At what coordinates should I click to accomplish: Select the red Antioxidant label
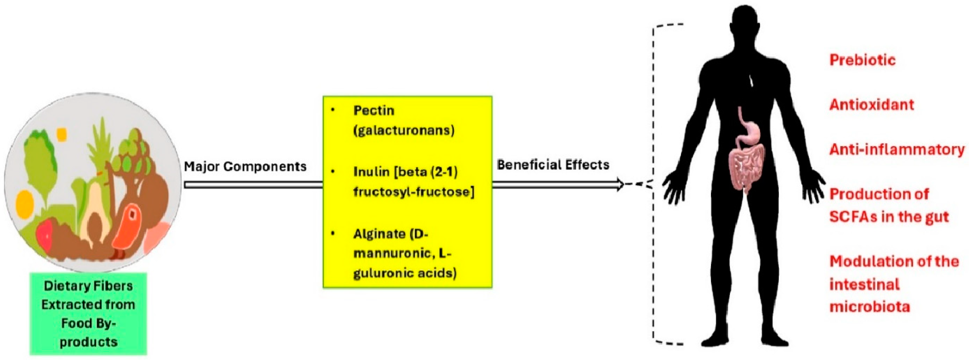tap(872, 105)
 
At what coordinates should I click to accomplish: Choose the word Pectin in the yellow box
tap(374, 111)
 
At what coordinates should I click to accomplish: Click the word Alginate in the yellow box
tap(379, 234)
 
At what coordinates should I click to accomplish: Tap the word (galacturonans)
tap(404, 131)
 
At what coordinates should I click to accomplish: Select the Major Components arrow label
tap(245, 166)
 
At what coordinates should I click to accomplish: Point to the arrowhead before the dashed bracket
tap(619, 185)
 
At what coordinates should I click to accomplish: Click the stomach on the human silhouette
tap(749, 132)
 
